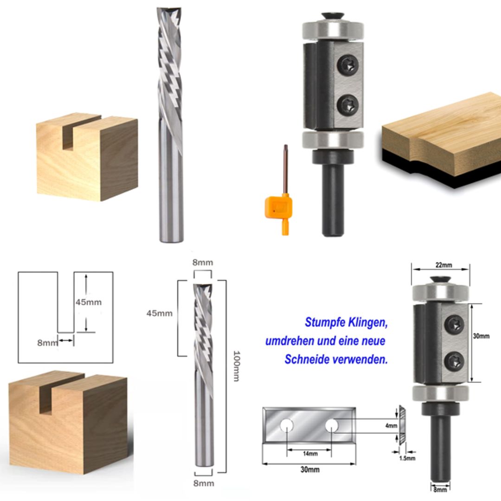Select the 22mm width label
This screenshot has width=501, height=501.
[440, 265]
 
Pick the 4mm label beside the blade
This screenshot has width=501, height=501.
[392, 425]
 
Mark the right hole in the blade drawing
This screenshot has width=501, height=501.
[331, 424]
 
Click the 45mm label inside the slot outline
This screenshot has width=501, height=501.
[88, 302]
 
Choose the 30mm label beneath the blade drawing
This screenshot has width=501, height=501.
[309, 469]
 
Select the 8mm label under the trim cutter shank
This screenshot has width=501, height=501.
[440, 489]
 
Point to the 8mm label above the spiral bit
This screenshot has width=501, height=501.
[203, 263]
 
